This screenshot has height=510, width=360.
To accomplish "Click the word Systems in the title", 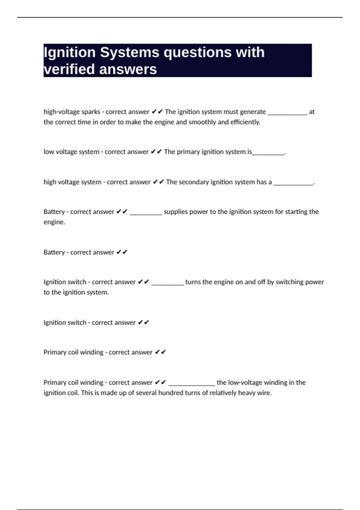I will (x=129, y=52).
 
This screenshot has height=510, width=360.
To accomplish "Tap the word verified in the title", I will (x=69, y=69).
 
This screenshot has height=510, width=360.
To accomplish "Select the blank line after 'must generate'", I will (x=287, y=113).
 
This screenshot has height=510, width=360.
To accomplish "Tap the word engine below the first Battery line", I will (x=54, y=222).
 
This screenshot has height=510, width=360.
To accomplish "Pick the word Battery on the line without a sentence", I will (x=54, y=252).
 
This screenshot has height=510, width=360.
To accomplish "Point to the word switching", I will (x=289, y=282).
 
